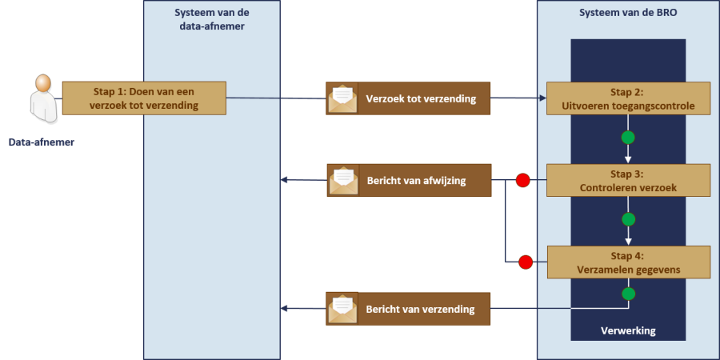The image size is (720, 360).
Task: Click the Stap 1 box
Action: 144,98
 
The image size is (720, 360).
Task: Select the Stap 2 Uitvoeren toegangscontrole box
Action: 628,98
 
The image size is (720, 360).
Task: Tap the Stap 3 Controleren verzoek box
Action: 628,180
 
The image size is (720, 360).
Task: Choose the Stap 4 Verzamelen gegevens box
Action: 628,262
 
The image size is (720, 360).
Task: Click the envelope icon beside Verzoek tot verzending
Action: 342,98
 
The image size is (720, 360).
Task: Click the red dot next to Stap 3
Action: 522,181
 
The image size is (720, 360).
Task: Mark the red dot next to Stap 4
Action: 526,262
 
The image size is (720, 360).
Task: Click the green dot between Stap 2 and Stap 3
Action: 628,138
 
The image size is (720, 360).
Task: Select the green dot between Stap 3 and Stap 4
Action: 628,219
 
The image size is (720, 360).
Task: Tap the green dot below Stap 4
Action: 628,294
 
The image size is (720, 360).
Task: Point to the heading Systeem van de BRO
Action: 627,13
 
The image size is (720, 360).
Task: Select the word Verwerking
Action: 628,330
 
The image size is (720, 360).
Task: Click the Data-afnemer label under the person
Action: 42,143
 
